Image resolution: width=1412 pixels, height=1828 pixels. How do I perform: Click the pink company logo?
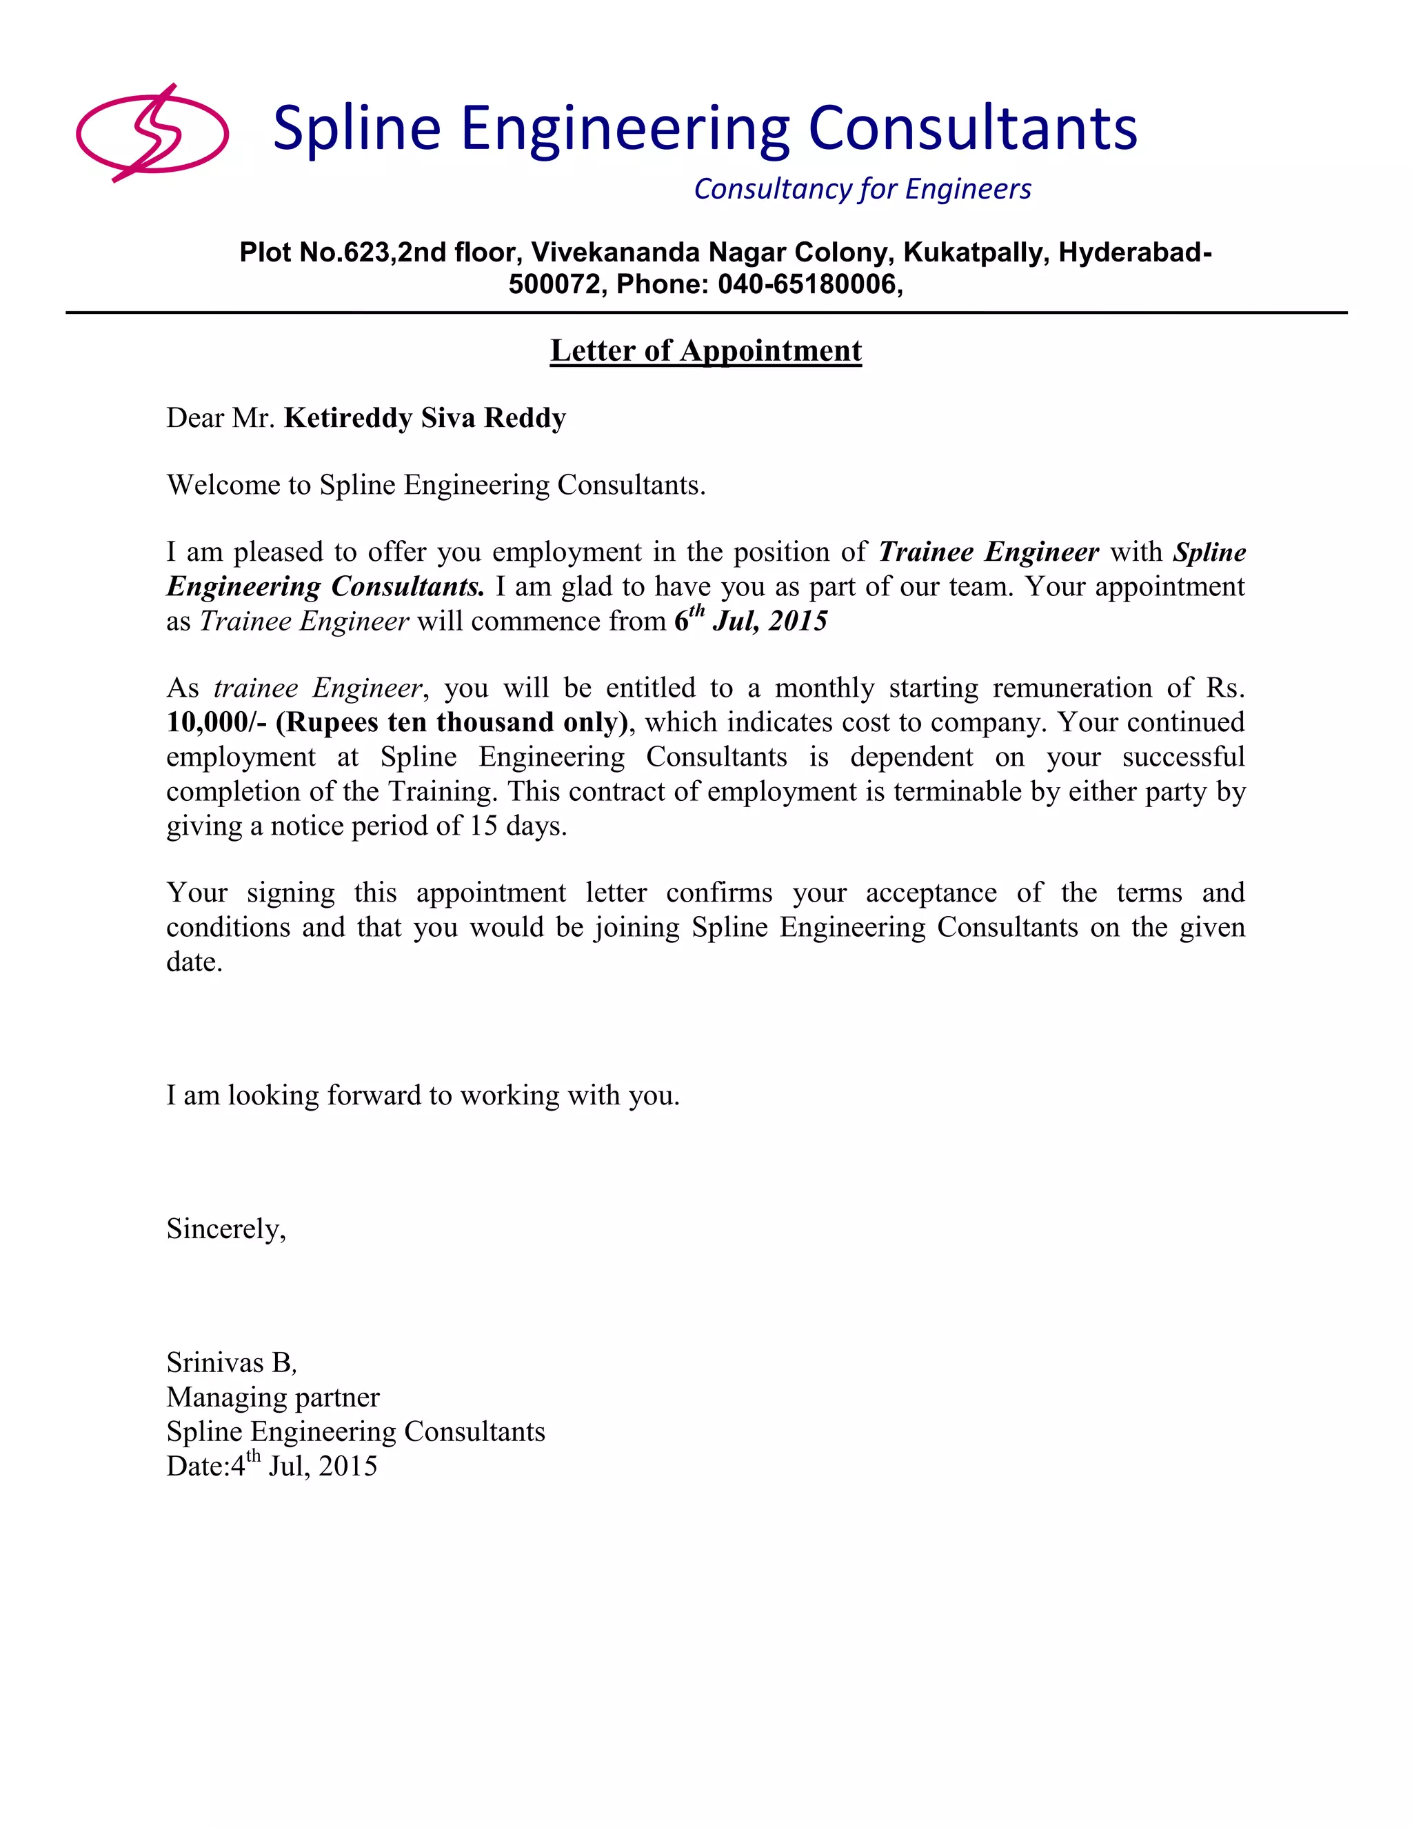(152, 133)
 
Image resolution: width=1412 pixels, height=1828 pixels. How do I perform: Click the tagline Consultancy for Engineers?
(863, 189)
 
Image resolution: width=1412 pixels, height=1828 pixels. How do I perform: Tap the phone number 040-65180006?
(807, 285)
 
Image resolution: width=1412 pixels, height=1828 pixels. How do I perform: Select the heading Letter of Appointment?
(705, 350)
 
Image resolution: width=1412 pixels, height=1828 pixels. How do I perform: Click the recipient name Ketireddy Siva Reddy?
(425, 417)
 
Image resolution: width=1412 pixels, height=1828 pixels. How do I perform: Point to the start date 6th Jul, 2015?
(750, 620)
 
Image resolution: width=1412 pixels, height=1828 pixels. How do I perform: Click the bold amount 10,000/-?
(216, 722)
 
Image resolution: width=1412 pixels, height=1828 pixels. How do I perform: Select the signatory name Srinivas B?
(230, 1362)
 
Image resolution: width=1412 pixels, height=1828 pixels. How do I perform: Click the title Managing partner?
(273, 1397)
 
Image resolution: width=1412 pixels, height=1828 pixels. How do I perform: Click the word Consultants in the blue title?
(972, 129)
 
